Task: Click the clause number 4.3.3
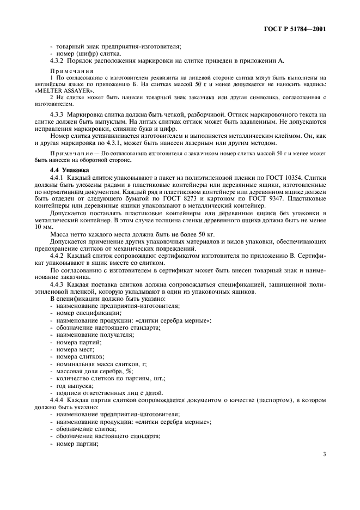(x=59, y=115)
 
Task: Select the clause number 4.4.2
(x=59, y=255)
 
